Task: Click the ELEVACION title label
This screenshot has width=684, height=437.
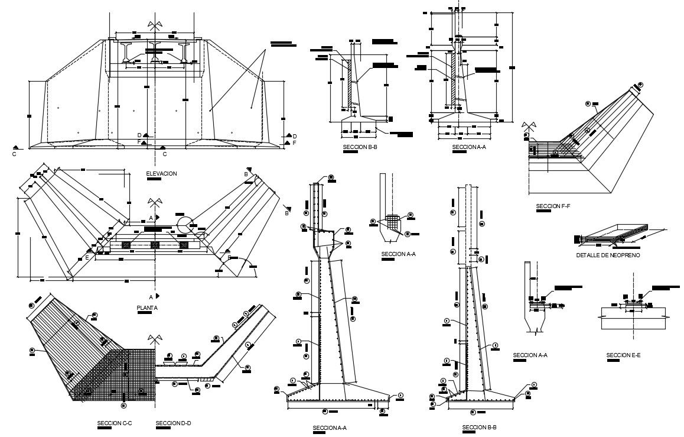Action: click(x=161, y=173)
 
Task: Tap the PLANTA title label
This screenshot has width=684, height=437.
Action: click(x=147, y=308)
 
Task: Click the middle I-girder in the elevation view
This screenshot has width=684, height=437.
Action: click(x=155, y=52)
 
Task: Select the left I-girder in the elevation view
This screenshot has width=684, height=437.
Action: click(x=128, y=52)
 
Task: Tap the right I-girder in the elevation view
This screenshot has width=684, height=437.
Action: click(x=184, y=52)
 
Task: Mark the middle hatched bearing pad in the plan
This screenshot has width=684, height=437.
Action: click(x=155, y=244)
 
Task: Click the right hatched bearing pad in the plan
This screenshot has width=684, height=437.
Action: click(x=184, y=244)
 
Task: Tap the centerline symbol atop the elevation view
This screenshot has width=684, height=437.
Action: click(x=155, y=25)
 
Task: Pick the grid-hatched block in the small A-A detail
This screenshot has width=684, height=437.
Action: click(x=393, y=222)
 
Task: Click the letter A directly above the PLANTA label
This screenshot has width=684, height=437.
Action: click(x=151, y=296)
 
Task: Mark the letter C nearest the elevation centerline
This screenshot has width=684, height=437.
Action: click(x=165, y=154)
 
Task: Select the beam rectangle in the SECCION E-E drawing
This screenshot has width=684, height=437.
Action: click(x=633, y=317)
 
